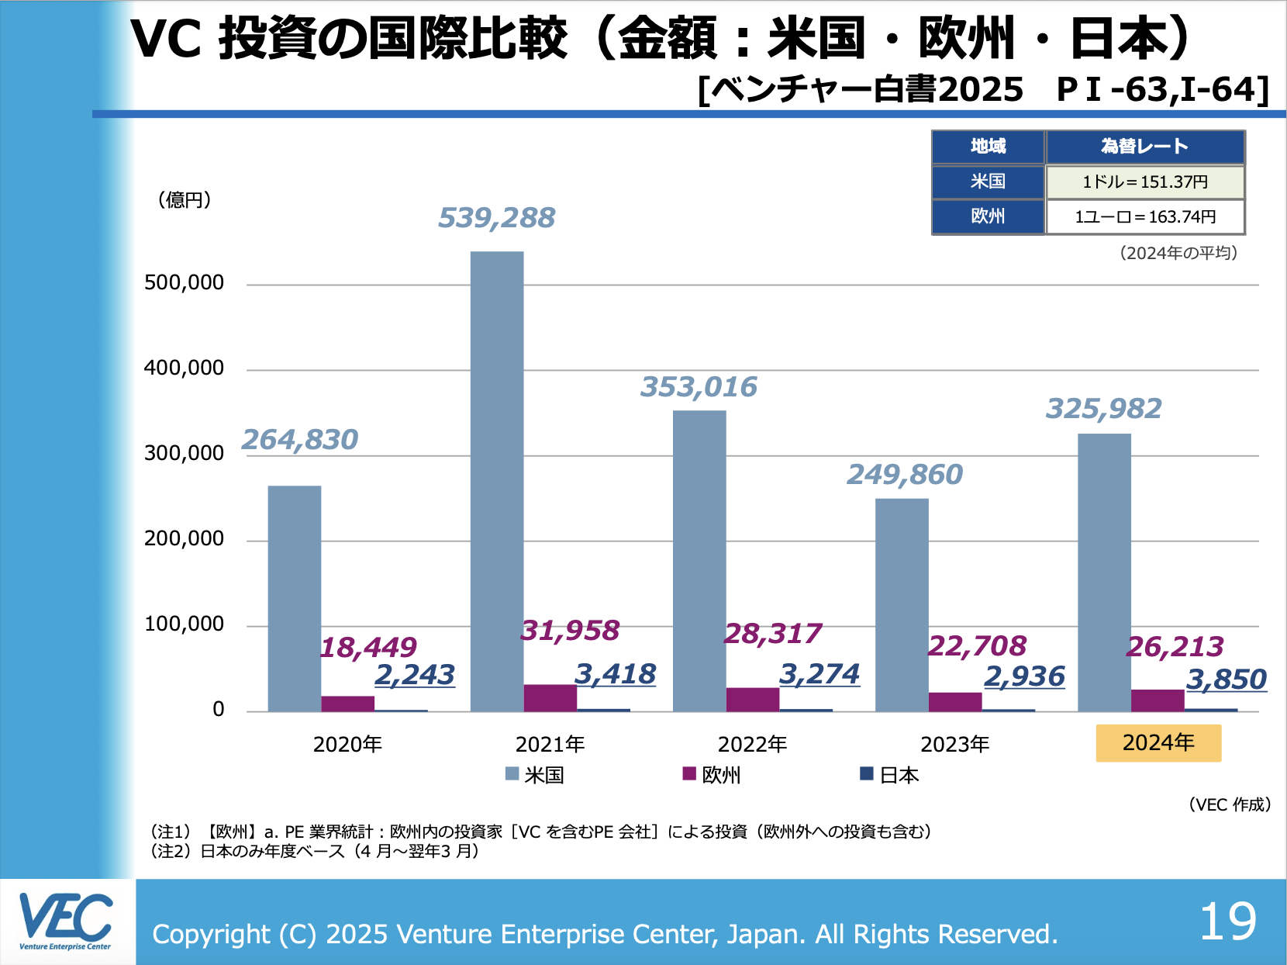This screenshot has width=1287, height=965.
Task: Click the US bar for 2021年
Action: (497, 481)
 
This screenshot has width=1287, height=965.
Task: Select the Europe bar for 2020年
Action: (348, 704)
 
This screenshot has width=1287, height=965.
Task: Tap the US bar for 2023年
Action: (902, 605)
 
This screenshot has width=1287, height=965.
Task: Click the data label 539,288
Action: (497, 218)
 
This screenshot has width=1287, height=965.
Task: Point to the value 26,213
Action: (1175, 647)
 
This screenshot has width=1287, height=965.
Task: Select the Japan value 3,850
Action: (1227, 680)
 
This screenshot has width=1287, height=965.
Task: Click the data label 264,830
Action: (300, 440)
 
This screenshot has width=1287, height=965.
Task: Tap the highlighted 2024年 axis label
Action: (1158, 743)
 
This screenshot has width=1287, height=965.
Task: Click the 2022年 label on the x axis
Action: (752, 745)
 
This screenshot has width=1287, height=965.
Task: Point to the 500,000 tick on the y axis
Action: (184, 282)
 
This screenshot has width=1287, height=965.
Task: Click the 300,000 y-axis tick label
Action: (184, 453)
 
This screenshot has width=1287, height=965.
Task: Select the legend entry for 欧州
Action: (712, 774)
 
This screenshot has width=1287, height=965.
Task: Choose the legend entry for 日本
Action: (890, 774)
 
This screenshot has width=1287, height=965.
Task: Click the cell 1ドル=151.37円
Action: (1145, 182)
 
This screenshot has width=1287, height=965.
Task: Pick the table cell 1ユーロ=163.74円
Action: (1145, 217)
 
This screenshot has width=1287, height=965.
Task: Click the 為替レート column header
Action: (1145, 147)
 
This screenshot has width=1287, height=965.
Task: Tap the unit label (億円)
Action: (185, 200)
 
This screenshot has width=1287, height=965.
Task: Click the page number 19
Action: (1228, 922)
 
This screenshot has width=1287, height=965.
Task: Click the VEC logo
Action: (66, 921)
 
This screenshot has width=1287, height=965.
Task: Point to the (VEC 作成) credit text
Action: (1229, 804)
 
